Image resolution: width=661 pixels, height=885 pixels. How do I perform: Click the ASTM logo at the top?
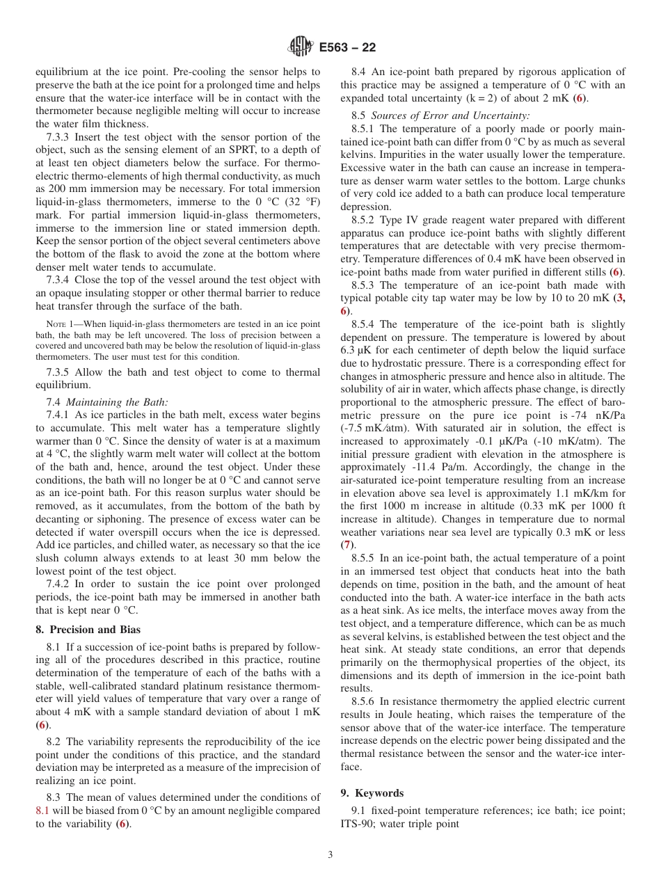pos(301,47)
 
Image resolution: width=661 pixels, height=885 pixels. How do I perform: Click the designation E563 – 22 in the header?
pos(347,47)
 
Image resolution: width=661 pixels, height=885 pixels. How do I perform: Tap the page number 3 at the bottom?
pos(330,855)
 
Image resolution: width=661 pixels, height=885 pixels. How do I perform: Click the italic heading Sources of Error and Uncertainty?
pos(450,115)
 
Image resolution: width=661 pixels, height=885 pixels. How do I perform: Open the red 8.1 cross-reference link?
pos(42,811)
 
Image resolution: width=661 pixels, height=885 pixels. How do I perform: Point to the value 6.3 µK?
pos(359,351)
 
